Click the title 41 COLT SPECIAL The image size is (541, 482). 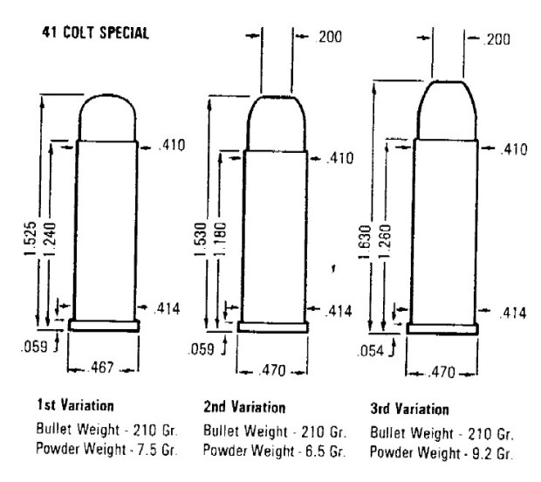[x=95, y=34]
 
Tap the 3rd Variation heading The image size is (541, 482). [x=409, y=409]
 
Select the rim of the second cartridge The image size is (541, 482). [x=272, y=327]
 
